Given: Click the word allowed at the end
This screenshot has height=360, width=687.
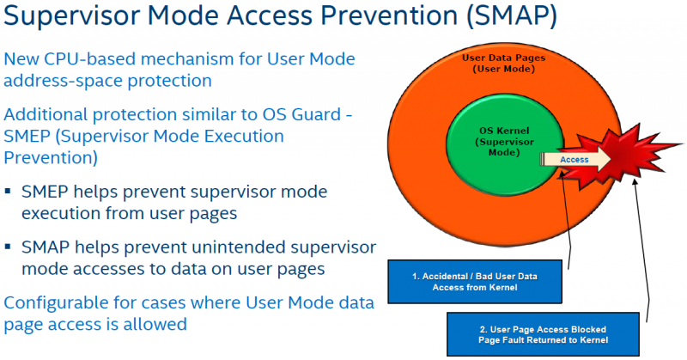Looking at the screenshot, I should [159, 324].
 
